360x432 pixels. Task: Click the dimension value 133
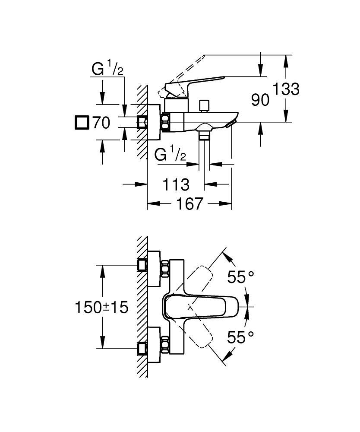pos(285,89)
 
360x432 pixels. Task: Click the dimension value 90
pos(260,100)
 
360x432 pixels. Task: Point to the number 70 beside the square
pos(101,123)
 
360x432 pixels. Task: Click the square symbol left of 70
pos(81,123)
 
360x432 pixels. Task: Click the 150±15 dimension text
pos(102,308)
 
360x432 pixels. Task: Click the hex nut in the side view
pos(165,122)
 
